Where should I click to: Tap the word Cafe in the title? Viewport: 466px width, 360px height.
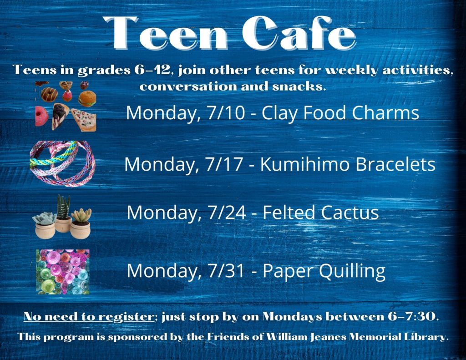pyautogui.click(x=299, y=33)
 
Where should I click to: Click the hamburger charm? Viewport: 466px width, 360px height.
pyautogui.click(x=87, y=99)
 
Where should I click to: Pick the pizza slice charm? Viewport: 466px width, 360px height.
pyautogui.click(x=84, y=119)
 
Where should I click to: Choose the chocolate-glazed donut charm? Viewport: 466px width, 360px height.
pyautogui.click(x=49, y=94)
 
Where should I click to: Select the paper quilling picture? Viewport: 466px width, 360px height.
pyautogui.click(x=63, y=272)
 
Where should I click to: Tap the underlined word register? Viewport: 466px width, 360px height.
pyautogui.click(x=126, y=317)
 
